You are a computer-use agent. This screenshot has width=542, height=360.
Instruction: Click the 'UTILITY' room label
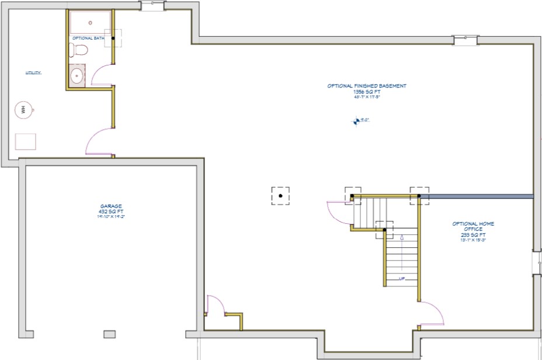click(x=33, y=73)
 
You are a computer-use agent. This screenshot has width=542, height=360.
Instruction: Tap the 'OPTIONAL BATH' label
click(x=88, y=39)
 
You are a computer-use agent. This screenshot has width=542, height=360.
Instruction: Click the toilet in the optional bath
click(x=78, y=50)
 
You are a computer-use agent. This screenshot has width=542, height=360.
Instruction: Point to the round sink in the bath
click(x=77, y=76)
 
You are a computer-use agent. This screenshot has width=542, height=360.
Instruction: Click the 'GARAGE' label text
click(x=111, y=206)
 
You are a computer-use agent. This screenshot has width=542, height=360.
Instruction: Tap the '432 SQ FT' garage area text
click(x=111, y=212)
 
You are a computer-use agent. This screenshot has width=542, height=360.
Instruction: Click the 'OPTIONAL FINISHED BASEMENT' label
click(x=367, y=86)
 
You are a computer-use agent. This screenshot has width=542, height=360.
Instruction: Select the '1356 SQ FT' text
click(x=367, y=92)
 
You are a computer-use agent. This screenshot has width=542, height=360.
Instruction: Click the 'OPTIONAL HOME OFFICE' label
click(x=474, y=226)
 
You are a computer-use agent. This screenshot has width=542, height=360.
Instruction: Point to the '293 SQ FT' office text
click(x=474, y=235)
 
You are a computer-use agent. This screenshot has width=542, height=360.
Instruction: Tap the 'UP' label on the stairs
click(x=402, y=278)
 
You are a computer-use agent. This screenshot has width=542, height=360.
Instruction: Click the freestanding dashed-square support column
click(x=281, y=196)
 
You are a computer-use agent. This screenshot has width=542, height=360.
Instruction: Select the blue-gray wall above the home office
click(x=477, y=196)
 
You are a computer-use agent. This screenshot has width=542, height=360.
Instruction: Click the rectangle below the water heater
click(x=25, y=141)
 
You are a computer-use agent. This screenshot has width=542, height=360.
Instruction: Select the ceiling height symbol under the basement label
click(x=355, y=121)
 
